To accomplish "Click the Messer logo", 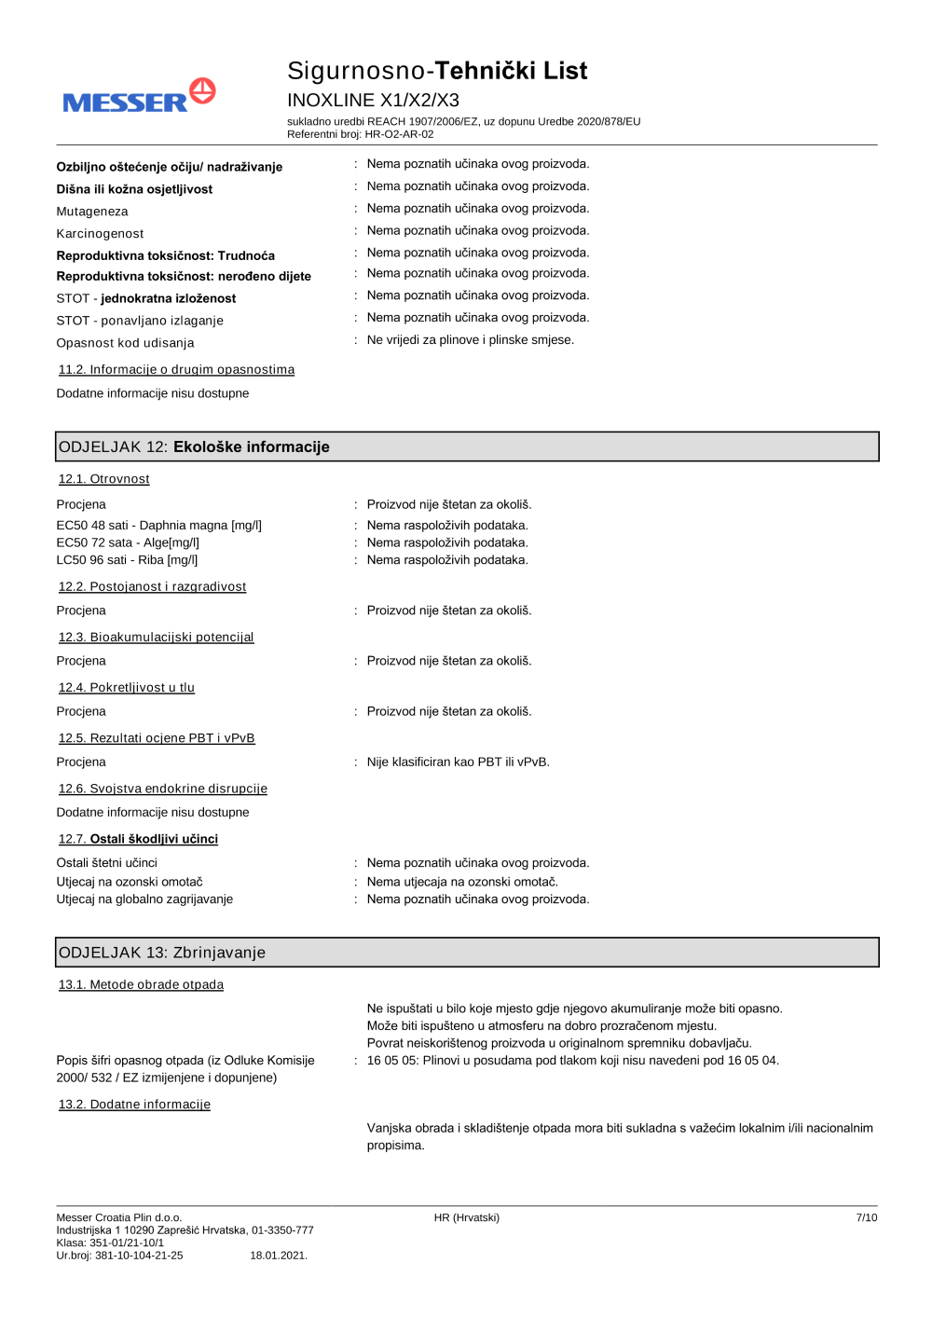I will pos(139,97).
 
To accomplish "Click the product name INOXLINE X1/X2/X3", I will pos(373,100).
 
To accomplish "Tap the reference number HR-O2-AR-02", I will pos(399,134).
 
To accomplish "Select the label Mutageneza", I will pos(92,212).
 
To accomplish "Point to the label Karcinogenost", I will pos(100,234).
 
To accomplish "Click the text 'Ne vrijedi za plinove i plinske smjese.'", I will pos(470,340).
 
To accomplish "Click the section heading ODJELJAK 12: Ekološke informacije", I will pos(194,447).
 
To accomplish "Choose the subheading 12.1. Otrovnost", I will pos(103,479).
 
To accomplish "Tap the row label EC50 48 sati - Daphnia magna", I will pos(158,526).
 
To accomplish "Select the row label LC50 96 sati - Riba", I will pos(127,560).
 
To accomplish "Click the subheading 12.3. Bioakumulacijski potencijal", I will pos(156,638).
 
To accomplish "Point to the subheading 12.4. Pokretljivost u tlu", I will pos(126,688).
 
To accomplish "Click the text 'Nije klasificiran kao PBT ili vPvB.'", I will pos(458,762).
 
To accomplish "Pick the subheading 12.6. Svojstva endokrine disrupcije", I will pos(162,789).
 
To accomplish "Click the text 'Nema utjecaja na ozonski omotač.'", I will pos(462,882).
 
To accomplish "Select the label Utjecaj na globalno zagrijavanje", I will pos(144,899).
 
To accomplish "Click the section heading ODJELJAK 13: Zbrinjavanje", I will pos(162,953).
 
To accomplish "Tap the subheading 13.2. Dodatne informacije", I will pos(134,1105).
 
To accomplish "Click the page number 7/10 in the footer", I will pos(866,1218).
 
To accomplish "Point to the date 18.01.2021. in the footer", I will pos(278,1256).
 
